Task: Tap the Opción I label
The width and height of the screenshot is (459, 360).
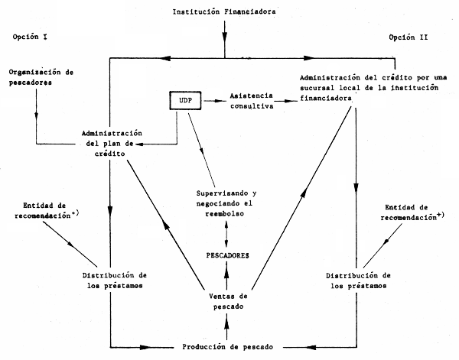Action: pos(31,36)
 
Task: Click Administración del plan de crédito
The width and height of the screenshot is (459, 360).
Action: pos(112,143)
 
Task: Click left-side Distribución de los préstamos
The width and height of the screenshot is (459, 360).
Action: pos(112,281)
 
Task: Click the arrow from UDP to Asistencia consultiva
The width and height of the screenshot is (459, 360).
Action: pos(218,100)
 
